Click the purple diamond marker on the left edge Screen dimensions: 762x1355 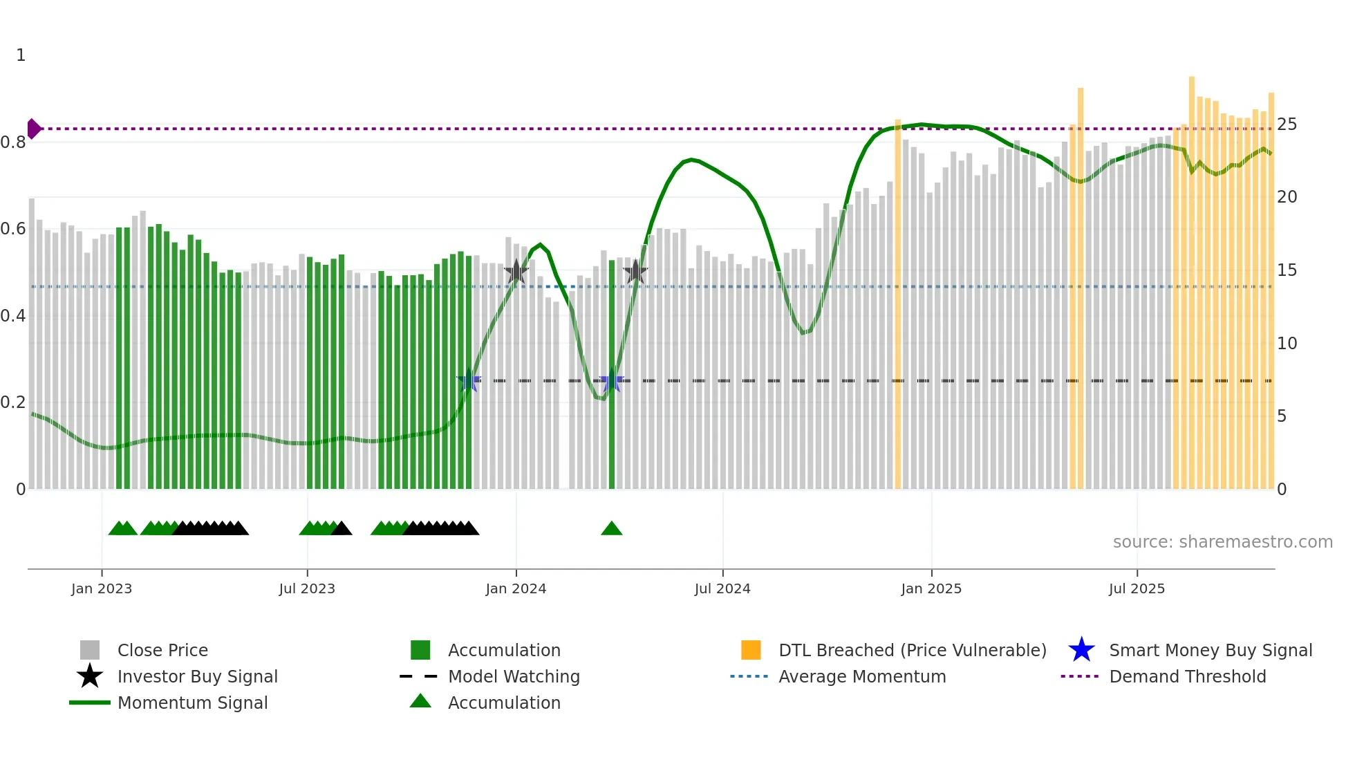(x=33, y=129)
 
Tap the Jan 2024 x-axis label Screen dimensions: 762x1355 (x=516, y=588)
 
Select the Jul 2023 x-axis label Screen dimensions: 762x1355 (x=307, y=588)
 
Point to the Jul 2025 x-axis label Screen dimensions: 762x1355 (x=1137, y=588)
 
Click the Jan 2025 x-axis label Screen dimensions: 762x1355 (x=931, y=588)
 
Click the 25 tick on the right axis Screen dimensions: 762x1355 (x=1287, y=124)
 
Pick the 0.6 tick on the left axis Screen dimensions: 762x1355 (x=14, y=229)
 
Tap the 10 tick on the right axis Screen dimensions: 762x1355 (x=1287, y=344)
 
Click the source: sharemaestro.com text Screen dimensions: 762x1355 (x=1222, y=542)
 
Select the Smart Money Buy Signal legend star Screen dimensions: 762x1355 (x=1081, y=650)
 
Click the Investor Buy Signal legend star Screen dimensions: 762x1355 (x=90, y=676)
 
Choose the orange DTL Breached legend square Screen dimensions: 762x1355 (x=751, y=650)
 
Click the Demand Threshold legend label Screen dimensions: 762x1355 (x=1187, y=676)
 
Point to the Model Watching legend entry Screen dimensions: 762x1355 (x=514, y=676)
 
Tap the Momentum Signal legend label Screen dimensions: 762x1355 (x=192, y=703)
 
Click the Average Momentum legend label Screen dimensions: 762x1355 (x=862, y=676)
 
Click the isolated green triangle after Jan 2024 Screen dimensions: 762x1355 (x=612, y=529)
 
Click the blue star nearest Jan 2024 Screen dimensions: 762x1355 (x=469, y=380)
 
